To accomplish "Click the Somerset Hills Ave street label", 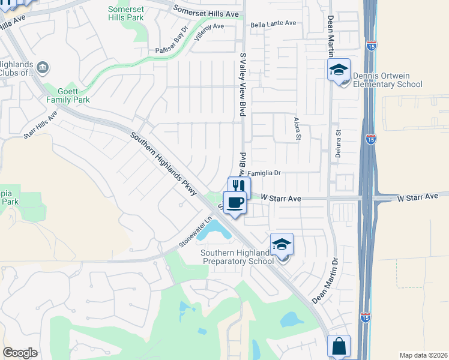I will coord(206,12).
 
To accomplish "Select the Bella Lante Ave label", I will coord(274,23).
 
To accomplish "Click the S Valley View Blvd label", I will coord(243,85).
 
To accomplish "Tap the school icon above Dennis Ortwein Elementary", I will coord(339,70).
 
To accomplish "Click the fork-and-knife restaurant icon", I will coord(239,187).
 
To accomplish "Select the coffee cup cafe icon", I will coord(235,202).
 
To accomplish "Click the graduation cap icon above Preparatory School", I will coord(282,244).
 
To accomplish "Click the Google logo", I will coord(20,352).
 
